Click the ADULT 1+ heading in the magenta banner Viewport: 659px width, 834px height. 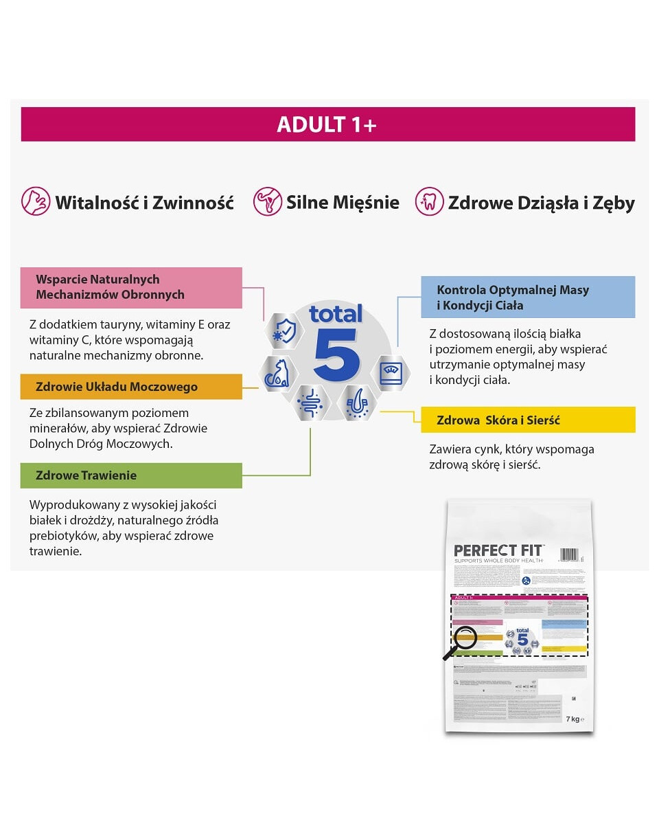[327, 124]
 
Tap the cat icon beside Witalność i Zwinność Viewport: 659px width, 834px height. [36, 201]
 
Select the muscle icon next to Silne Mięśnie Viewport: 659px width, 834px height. [268, 201]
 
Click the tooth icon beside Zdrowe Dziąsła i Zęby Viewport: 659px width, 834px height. [429, 201]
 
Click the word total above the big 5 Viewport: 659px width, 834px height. [335, 314]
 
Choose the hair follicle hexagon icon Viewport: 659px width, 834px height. [359, 403]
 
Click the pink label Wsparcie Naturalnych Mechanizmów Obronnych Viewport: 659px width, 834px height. [131, 287]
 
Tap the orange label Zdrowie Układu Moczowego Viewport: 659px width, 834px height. [131, 387]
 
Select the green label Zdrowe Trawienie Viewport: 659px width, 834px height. [131, 475]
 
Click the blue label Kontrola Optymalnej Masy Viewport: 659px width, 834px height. [528, 297]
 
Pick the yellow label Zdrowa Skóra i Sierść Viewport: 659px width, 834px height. [528, 420]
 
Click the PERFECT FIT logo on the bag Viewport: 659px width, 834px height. [498, 551]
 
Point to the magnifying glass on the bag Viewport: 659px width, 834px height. [461, 640]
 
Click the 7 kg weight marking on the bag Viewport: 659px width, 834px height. [575, 719]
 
